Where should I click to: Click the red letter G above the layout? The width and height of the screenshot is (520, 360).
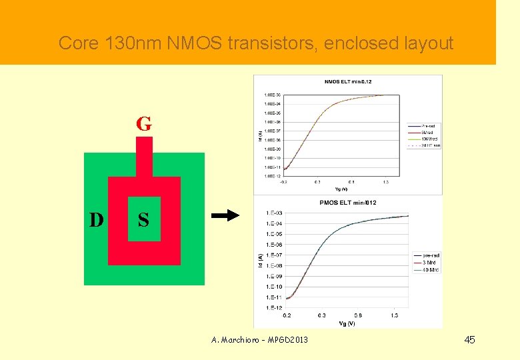tap(143, 124)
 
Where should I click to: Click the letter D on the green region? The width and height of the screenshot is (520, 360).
tap(97, 219)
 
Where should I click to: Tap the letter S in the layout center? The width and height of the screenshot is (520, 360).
tap(143, 219)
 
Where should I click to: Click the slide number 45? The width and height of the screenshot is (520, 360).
tap(469, 340)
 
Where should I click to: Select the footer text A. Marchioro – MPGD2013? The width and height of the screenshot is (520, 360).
tap(259, 340)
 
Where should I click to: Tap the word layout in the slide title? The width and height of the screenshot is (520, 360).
tap(423, 44)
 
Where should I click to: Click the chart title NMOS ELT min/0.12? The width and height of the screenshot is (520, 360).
tap(347, 82)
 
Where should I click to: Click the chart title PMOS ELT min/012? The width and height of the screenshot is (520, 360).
tap(347, 203)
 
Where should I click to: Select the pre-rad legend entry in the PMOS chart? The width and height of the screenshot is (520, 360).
tap(430, 256)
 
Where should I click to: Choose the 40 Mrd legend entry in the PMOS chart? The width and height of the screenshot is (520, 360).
tap(430, 270)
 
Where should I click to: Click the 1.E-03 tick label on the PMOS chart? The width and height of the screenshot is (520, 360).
tap(274, 213)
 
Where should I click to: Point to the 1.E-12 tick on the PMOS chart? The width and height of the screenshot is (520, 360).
tap(274, 307)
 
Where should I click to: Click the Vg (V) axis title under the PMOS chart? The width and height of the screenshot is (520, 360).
tap(347, 323)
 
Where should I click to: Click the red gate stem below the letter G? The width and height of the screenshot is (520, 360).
tap(143, 157)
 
